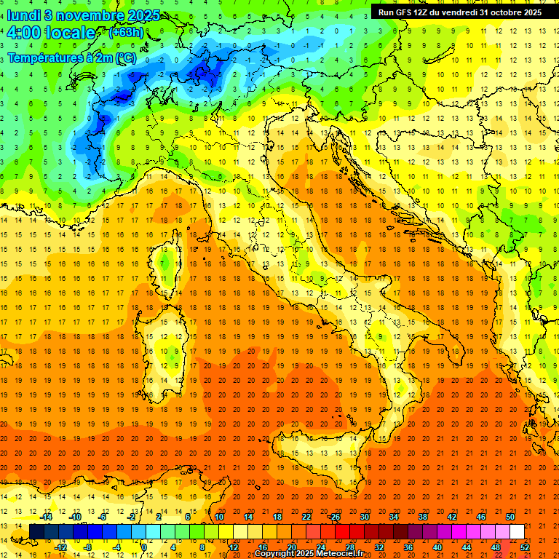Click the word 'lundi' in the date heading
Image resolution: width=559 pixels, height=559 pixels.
[24, 15]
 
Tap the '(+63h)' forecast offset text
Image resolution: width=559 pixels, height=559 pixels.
[126, 33]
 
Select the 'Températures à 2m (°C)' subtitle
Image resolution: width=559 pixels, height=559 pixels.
[71, 57]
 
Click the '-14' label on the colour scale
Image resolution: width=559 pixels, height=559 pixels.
[47, 517]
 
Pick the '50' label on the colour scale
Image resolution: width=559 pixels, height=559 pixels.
[510, 517]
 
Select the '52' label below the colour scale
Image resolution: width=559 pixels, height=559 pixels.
[525, 547]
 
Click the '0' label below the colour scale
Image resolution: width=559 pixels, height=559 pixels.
[144, 547]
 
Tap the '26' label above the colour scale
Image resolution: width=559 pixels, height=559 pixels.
[335, 517]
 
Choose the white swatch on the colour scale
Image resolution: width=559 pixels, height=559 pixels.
[517, 531]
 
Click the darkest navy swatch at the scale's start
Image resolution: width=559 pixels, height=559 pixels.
[36, 531]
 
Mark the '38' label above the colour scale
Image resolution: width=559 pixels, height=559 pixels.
[422, 517]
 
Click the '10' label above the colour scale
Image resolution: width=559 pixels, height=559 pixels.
[219, 517]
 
